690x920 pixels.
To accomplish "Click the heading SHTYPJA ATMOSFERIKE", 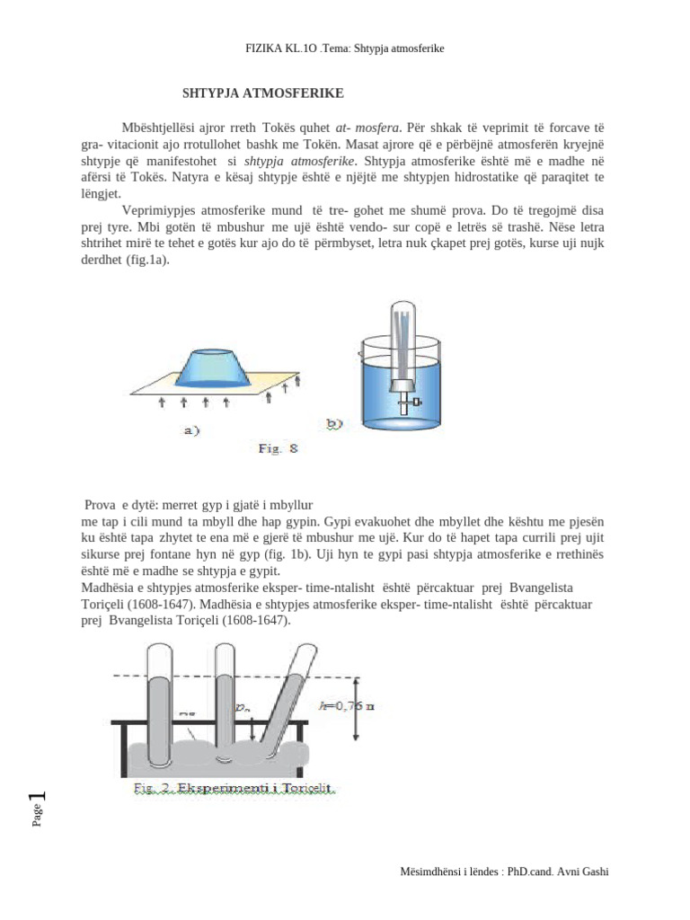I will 262,93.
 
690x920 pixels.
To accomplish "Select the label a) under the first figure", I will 190,429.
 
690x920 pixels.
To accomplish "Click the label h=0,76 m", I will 346,705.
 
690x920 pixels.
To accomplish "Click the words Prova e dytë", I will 118,505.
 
